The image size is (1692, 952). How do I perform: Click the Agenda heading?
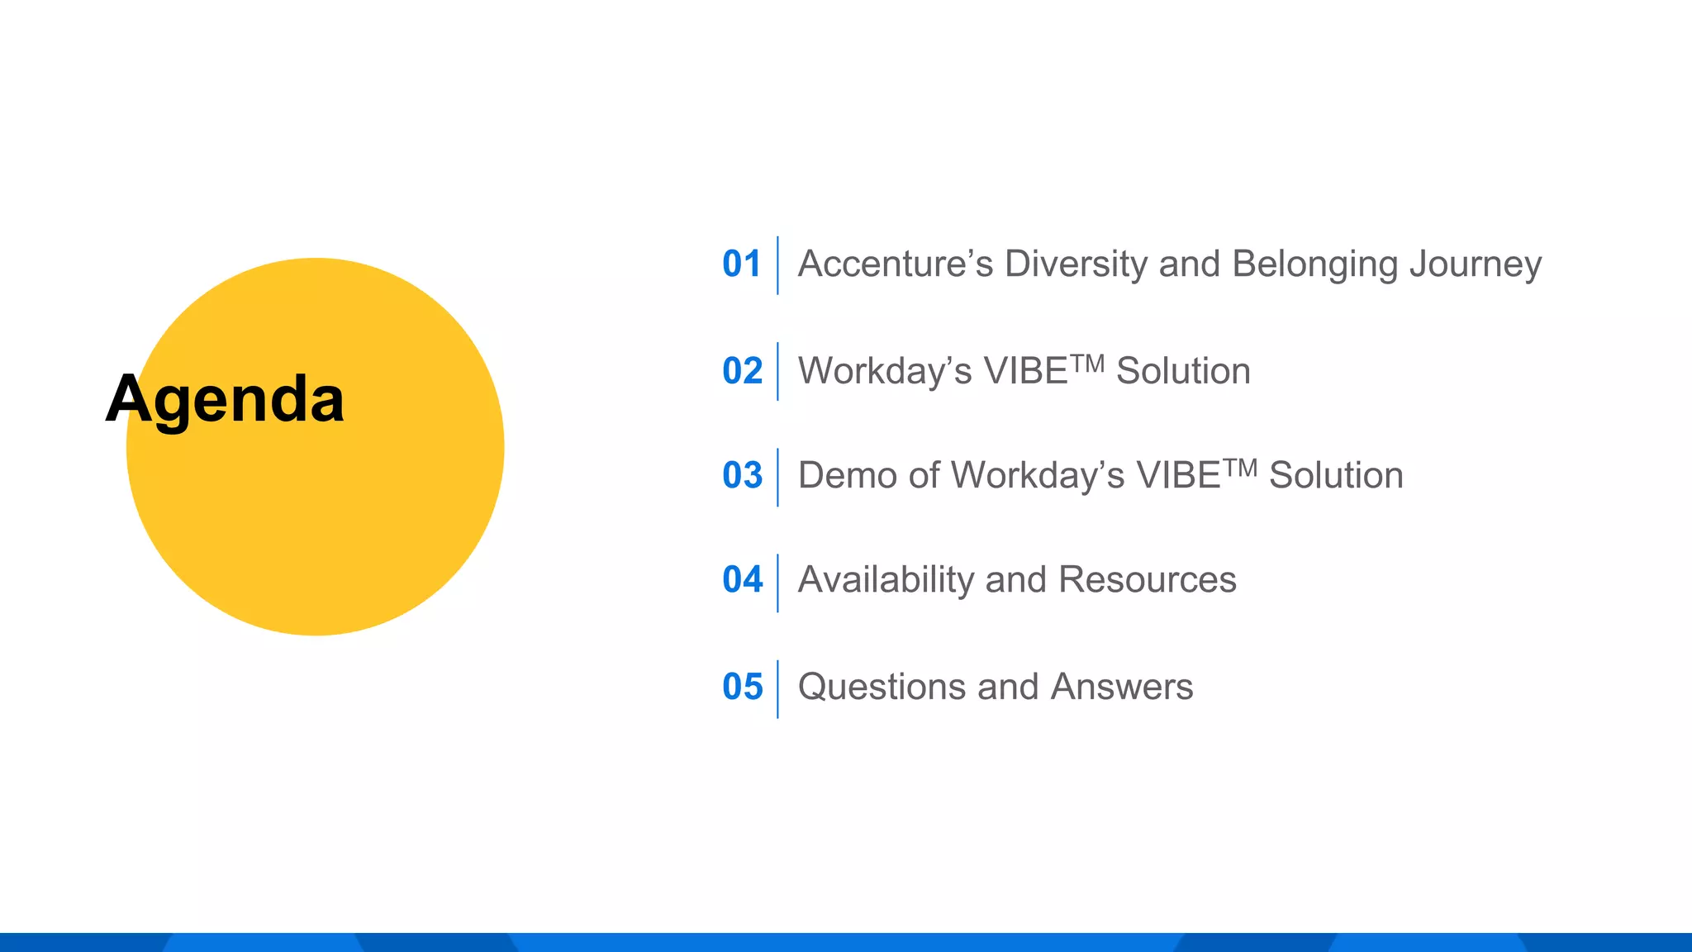225,399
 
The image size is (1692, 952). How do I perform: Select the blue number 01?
741,264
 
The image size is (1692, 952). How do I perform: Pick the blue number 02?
742,371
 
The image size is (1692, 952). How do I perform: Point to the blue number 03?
742,475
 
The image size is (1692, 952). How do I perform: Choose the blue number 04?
742,580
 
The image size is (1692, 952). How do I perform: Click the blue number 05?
742,687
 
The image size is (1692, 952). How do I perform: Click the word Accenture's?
895,264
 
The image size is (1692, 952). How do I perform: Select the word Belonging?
1314,264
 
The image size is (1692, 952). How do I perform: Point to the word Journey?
1476,264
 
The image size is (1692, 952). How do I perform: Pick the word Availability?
886,580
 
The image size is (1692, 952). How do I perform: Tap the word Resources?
1147,580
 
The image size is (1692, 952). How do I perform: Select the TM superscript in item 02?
1087,362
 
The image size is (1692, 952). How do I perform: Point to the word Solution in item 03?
1335,476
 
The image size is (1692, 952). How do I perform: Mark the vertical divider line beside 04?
777,583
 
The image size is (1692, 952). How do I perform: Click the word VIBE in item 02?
1026,371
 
